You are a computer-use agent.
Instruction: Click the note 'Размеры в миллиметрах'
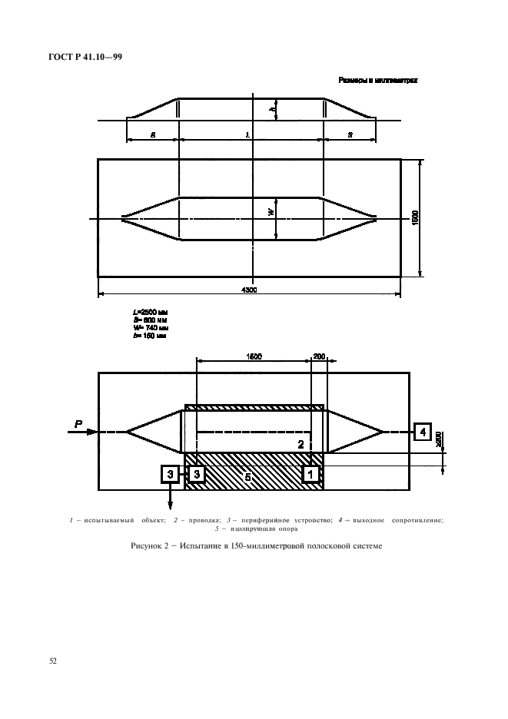point(377,79)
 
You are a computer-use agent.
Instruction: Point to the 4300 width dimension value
point(248,290)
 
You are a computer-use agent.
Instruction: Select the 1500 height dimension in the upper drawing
point(416,218)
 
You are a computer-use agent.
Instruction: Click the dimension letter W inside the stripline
point(271,213)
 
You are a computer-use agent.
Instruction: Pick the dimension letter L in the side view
point(248,134)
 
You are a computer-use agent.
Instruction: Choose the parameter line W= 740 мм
point(150,327)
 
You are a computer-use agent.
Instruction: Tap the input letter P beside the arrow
point(78,422)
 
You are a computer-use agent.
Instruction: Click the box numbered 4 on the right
point(422,432)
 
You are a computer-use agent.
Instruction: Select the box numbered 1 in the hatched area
point(311,475)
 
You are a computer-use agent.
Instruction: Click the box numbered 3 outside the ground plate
point(170,475)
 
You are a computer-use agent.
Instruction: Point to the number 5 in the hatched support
point(248,476)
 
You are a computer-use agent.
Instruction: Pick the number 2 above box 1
point(301,444)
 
